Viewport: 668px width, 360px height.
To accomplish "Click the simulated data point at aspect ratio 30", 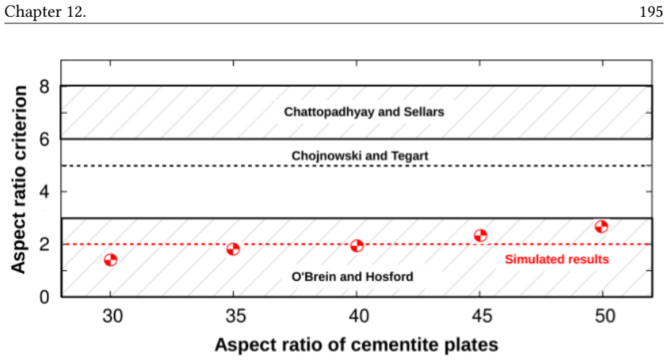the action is (x=110, y=260).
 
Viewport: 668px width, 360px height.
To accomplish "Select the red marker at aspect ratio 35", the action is (x=233, y=249).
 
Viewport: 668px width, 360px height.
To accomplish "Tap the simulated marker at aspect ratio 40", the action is (x=357, y=246).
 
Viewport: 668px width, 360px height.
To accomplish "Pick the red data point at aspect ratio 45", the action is (x=480, y=236).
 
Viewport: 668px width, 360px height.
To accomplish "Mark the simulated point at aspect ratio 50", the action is (x=602, y=226).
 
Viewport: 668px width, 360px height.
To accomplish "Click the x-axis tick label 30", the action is (x=112, y=316).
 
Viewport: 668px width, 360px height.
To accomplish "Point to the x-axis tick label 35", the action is (x=236, y=316).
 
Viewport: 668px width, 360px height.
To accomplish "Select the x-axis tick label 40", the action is (x=358, y=316).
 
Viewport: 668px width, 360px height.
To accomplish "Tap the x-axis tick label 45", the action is (x=482, y=316).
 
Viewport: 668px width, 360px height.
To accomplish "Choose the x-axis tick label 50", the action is (x=605, y=316).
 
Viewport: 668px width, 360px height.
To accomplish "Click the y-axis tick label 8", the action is (x=45, y=87).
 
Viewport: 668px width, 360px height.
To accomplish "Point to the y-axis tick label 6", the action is (x=45, y=139).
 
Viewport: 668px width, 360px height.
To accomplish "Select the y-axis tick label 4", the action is (x=45, y=192).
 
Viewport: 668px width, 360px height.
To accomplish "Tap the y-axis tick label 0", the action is (x=45, y=296).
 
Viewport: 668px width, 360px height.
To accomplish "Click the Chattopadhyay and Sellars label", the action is (x=364, y=112).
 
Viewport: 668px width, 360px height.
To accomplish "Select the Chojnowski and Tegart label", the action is (x=360, y=156).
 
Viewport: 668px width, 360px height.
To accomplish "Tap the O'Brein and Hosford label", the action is (x=353, y=277).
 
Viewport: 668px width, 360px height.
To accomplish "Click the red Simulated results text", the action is (x=557, y=259).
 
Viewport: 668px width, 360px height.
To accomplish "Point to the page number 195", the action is (x=651, y=12).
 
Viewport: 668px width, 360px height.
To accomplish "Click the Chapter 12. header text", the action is (x=45, y=12).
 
